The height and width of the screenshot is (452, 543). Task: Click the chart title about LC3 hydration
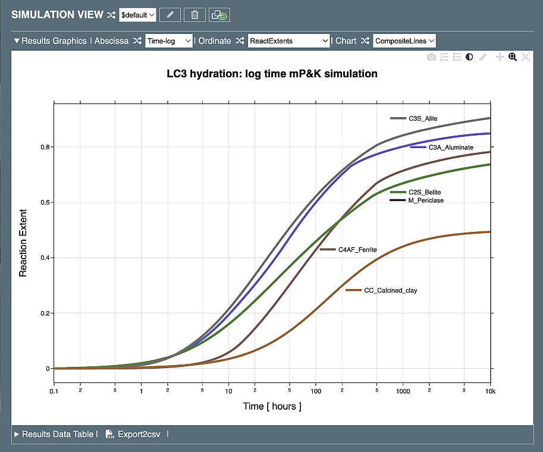[x=272, y=74]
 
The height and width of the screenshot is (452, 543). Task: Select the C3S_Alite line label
[x=423, y=118]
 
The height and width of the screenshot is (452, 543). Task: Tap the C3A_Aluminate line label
[x=451, y=147]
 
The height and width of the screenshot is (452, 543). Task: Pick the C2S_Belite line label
[x=425, y=192]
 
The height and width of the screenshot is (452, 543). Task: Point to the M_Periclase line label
[x=426, y=200]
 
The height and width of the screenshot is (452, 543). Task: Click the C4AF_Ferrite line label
[x=357, y=250]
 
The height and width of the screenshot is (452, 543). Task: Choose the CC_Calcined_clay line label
[x=391, y=290]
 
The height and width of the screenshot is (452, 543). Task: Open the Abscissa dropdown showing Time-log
[x=169, y=40]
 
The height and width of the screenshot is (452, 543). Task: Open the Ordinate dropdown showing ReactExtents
[x=288, y=40]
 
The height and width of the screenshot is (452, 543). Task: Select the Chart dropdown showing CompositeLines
[x=404, y=40]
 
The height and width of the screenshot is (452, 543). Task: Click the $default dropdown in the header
[x=137, y=15]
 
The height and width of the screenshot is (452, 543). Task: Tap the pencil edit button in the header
[x=170, y=15]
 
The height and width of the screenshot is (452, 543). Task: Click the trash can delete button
[x=194, y=15]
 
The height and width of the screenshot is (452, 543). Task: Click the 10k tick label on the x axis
[x=489, y=392]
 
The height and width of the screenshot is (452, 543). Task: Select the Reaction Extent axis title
[x=23, y=243]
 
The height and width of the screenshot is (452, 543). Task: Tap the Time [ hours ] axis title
[x=272, y=406]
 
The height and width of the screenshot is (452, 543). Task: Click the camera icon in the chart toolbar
[x=432, y=57]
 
